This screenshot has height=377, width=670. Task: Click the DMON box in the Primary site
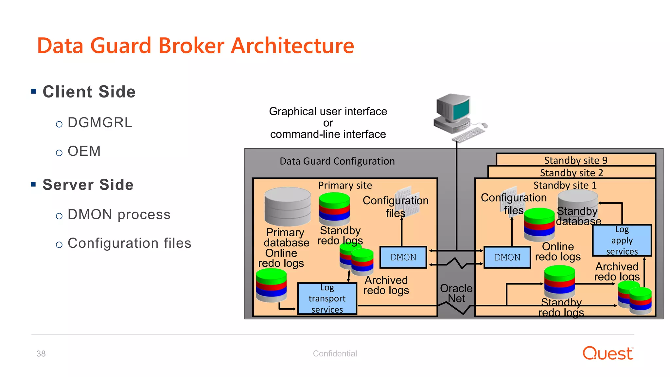coord(403,257)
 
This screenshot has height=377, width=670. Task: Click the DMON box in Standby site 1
coord(507,258)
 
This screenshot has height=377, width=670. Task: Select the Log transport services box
coord(327,298)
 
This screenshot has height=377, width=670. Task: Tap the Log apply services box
coord(622,240)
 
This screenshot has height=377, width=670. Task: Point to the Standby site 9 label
coord(575,160)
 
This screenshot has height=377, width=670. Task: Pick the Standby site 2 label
coord(571,172)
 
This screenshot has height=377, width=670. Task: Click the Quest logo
coord(608,353)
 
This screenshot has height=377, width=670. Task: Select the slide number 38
coord(41,354)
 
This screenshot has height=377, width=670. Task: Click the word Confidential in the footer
coord(335,353)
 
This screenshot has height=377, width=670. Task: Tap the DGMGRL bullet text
coord(99,123)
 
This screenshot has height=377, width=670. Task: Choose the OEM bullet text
coord(84,151)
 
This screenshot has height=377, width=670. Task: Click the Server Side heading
coord(88,185)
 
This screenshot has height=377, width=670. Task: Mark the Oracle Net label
coord(456,293)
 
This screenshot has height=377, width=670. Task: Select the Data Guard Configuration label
coord(337,161)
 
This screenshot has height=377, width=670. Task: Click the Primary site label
coord(345,186)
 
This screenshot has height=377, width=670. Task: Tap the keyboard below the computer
coord(468,135)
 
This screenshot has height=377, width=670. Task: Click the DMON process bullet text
coord(119,215)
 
